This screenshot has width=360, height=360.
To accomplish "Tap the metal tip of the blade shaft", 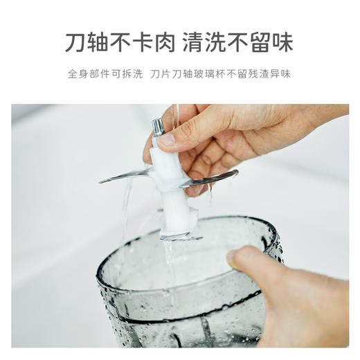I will [x=158, y=126].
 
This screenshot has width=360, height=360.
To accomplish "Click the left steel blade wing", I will [x=125, y=176].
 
